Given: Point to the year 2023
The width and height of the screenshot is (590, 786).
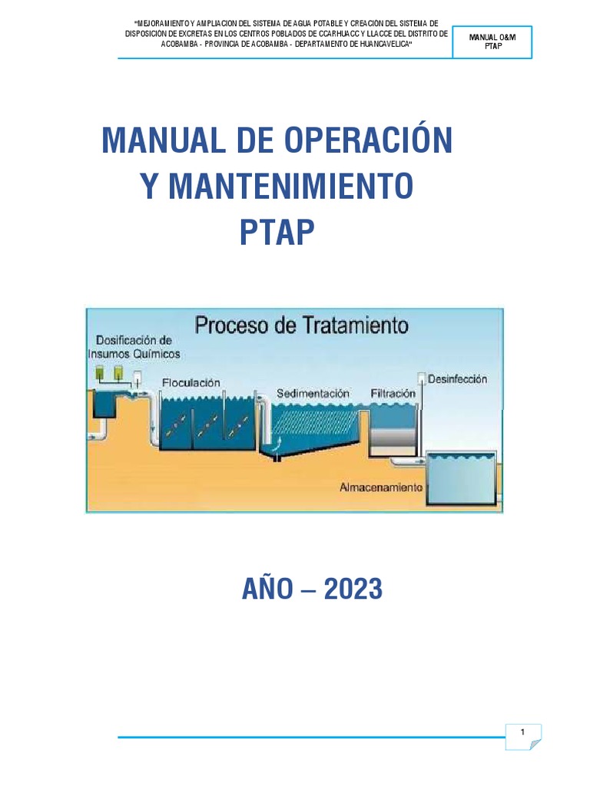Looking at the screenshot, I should (353, 589).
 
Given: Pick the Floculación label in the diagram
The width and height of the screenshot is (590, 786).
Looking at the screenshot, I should (191, 381).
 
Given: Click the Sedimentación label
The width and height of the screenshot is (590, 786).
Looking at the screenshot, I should (313, 393).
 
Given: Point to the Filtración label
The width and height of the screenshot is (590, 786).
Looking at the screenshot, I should (393, 393).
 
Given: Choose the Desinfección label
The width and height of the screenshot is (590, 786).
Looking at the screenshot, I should (457, 379).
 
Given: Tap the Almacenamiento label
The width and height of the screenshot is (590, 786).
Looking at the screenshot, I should (381, 487).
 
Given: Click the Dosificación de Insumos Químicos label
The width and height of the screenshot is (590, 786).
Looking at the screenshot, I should (134, 347).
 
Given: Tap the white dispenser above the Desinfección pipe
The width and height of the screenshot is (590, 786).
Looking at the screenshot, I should (422, 378).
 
